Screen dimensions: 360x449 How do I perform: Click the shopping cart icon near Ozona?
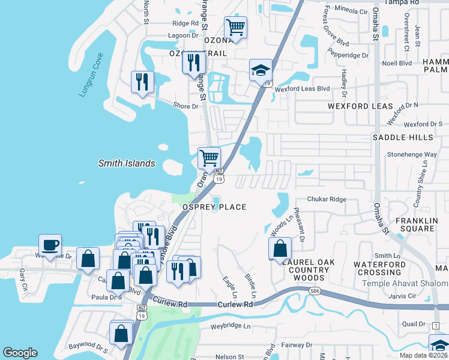tap(235, 28)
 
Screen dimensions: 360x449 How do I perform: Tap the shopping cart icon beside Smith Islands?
tap(209, 159)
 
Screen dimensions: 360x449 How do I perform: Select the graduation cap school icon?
tap(261, 71)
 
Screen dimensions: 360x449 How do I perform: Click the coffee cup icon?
tap(50, 245)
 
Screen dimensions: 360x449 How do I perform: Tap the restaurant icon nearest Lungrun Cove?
tap(142, 82)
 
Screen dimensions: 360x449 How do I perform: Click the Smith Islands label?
tap(127, 163)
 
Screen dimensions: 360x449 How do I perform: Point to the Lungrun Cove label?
tap(92, 76)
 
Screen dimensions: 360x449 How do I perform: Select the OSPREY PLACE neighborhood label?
tap(214, 207)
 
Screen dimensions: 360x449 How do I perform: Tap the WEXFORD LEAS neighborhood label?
tap(360, 106)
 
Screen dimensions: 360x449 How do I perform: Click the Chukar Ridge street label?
tap(327, 199)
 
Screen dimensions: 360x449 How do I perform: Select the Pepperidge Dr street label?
tap(348, 55)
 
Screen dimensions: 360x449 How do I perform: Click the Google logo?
tap(20, 353)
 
